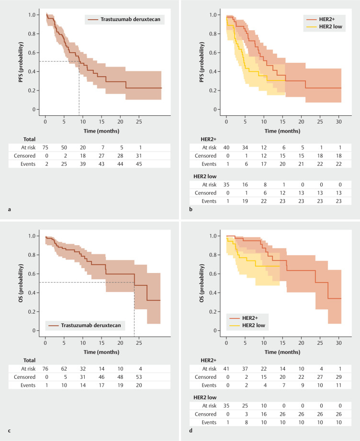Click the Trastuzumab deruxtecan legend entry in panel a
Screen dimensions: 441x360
tap(128, 20)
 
